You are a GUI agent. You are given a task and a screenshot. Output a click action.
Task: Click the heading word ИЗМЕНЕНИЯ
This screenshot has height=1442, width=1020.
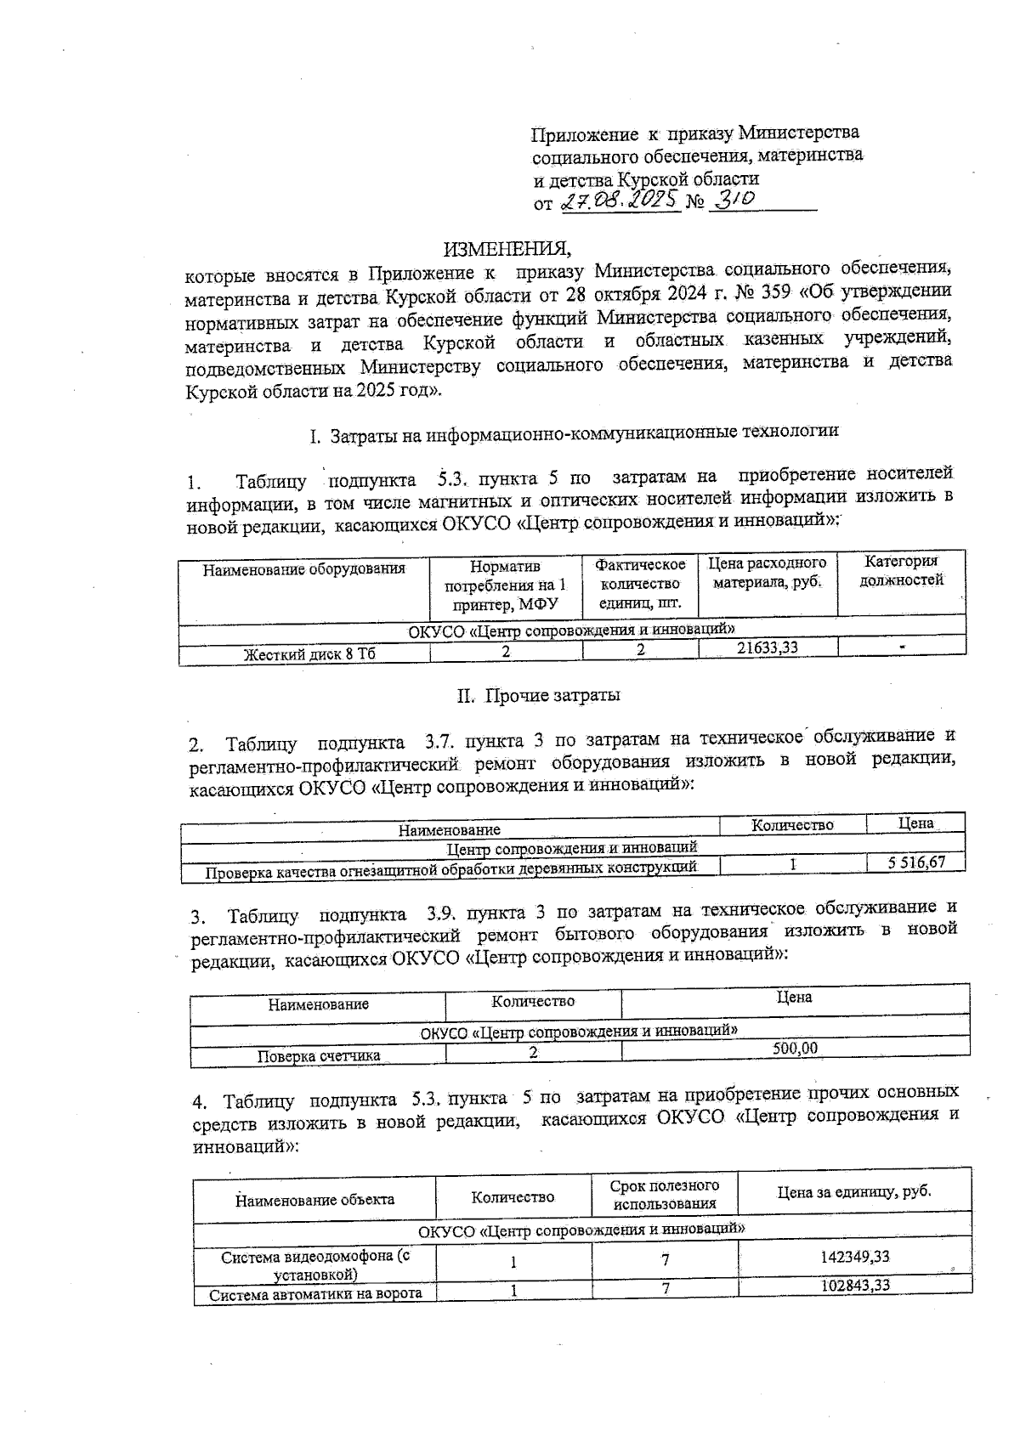coord(507,249)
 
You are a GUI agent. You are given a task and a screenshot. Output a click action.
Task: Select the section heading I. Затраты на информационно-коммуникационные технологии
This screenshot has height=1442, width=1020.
coord(574,433)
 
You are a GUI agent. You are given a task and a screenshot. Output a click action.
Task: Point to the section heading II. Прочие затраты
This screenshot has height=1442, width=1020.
coord(539,696)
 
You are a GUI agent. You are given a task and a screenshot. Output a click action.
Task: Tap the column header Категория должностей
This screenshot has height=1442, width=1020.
coord(901,572)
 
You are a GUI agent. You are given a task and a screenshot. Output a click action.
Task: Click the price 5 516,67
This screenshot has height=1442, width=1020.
coord(916,862)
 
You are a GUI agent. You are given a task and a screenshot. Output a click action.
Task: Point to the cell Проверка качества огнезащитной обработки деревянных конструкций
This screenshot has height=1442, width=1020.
coord(451,868)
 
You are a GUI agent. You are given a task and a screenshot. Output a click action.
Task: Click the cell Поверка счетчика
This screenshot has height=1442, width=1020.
coord(319,1056)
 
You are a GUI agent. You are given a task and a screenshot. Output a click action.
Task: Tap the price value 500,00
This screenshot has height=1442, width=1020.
coord(795,1049)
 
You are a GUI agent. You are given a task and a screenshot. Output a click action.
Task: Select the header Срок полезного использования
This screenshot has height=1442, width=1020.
coord(665,1194)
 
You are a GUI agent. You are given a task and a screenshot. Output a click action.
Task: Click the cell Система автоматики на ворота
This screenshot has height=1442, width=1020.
coord(315,1294)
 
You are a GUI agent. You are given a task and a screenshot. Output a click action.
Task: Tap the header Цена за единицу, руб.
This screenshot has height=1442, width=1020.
coord(854,1191)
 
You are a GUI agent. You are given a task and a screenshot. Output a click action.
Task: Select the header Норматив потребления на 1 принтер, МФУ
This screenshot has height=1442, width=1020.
coord(506,585)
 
